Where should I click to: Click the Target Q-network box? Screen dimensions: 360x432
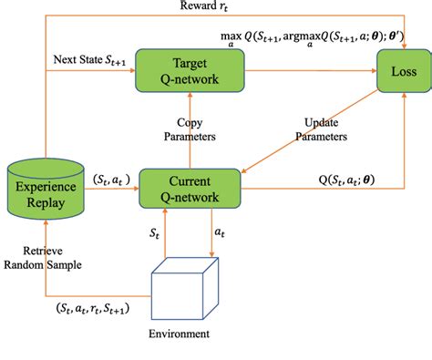click(x=190, y=70)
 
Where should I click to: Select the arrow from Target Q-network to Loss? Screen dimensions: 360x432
click(x=310, y=70)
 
